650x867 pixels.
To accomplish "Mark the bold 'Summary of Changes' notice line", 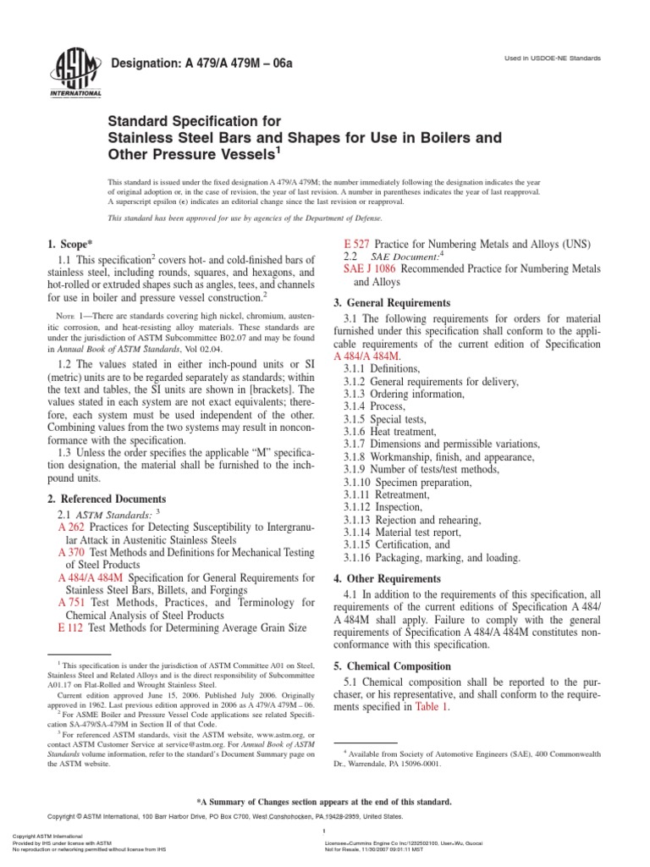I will click(x=324, y=802).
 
